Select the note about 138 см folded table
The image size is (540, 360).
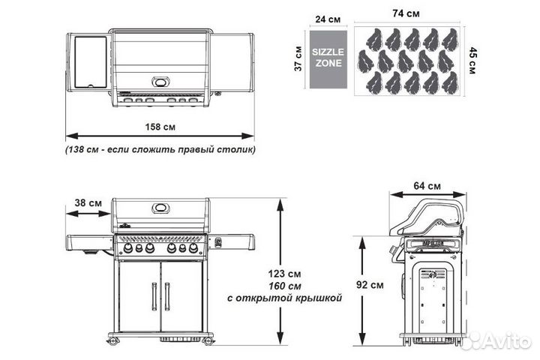pyautogui.click(x=159, y=149)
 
